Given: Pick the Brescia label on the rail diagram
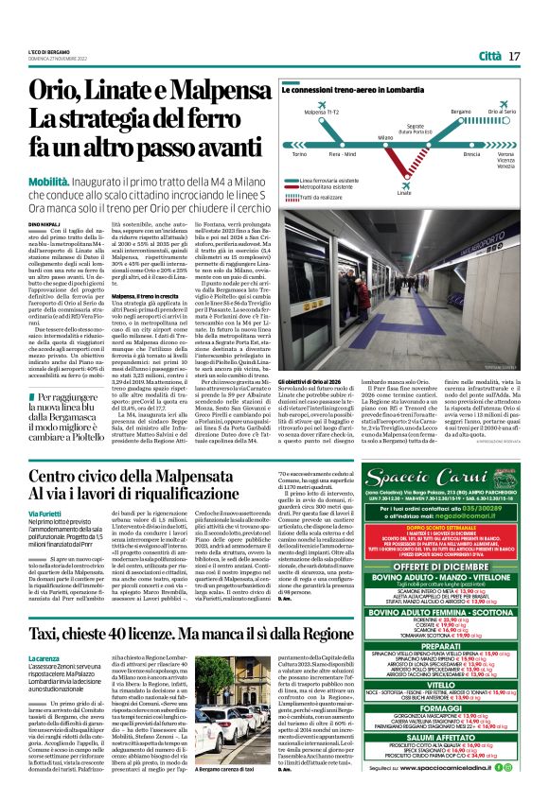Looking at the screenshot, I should [445, 153].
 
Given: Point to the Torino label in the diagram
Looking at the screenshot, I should [275, 153].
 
